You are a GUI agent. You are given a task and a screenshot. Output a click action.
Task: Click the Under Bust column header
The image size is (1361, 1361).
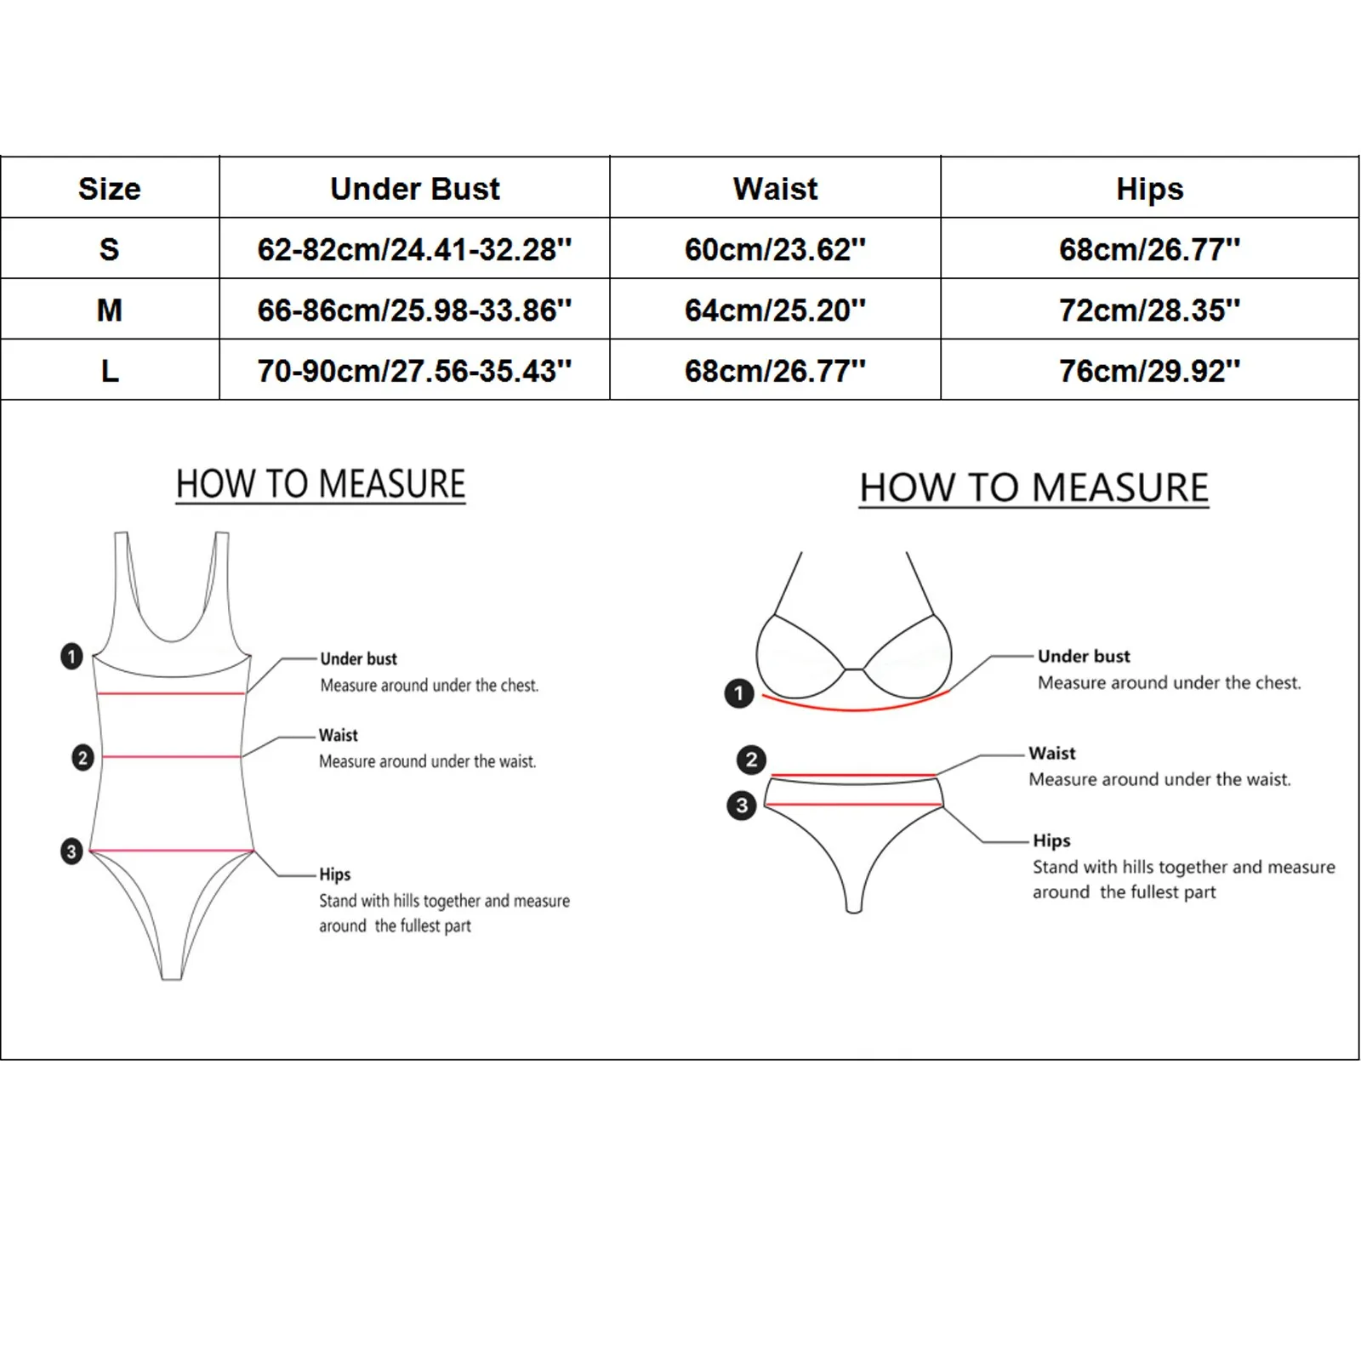coord(414,189)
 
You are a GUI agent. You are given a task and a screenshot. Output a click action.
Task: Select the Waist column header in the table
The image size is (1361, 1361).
coord(775,189)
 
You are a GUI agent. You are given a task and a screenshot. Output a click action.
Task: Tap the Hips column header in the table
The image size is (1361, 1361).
coord(1149,189)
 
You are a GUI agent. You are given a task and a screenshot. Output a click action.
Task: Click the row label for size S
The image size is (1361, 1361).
coord(109,249)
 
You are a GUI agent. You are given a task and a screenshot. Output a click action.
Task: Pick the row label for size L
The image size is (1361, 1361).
coord(109,371)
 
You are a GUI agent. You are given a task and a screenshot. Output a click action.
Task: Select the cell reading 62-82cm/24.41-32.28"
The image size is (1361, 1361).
coord(414,249)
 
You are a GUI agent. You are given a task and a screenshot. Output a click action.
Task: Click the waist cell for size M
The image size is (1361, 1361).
coord(775,310)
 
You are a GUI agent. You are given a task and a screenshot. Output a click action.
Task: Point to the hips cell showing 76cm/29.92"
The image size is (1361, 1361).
coord(1149,371)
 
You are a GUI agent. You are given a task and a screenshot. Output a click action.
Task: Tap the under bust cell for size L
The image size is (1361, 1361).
coord(414,371)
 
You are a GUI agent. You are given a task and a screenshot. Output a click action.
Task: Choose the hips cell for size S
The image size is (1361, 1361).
coord(1149,249)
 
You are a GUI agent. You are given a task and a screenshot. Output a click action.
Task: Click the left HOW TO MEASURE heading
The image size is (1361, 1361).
coord(321,485)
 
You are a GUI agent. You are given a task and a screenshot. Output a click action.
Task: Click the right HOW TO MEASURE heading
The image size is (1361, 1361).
coord(1034,488)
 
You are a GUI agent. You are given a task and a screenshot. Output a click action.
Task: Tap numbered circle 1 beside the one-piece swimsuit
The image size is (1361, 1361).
coord(71,656)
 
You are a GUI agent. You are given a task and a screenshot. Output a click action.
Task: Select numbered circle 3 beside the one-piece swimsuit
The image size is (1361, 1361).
coord(71,851)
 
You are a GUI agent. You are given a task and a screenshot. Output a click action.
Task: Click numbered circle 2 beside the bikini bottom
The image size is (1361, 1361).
coord(751,759)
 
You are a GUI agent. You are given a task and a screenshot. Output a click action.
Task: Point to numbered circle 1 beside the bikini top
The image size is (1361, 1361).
coord(738,693)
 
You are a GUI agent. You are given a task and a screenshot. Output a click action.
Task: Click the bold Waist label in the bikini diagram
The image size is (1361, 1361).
coord(1052,753)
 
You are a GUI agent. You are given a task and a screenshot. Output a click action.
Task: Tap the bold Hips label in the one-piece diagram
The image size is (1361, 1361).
coord(335,874)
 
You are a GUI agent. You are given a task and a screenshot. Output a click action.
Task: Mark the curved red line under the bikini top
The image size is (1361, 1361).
coord(854,707)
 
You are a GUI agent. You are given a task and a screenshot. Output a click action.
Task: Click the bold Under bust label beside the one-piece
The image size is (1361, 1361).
coord(358,658)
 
